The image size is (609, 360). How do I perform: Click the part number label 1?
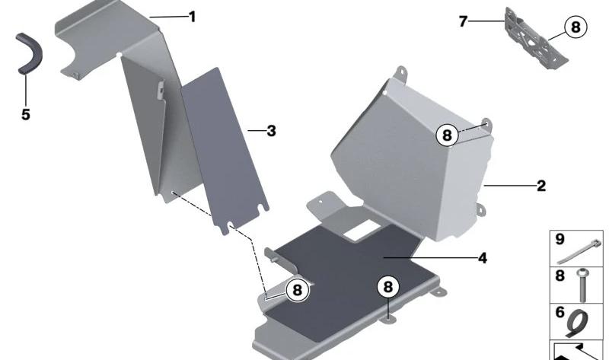pyautogui.click(x=193, y=17)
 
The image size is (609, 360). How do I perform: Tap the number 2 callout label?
pyautogui.click(x=541, y=186)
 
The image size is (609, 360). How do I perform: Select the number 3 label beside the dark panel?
pyautogui.click(x=271, y=131)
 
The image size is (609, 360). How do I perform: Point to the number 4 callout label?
pyautogui.click(x=483, y=258)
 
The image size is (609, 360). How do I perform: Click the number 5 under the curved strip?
pyautogui.click(x=26, y=115)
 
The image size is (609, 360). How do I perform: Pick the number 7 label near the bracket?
pyautogui.click(x=463, y=21)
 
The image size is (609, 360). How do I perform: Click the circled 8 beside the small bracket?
pyautogui.click(x=576, y=27)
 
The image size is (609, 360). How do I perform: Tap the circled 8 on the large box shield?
pyautogui.click(x=447, y=135)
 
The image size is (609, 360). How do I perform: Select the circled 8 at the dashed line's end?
pyautogui.click(x=297, y=290)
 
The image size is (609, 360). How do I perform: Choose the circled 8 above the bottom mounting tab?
pyautogui.click(x=388, y=287)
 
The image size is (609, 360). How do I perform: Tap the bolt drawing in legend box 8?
pyautogui.click(x=582, y=285)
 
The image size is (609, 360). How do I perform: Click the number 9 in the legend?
pyautogui.click(x=560, y=239)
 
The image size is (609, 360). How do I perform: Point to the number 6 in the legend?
pyautogui.click(x=560, y=312)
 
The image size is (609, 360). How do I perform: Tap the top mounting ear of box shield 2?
pyautogui.click(x=401, y=72)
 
